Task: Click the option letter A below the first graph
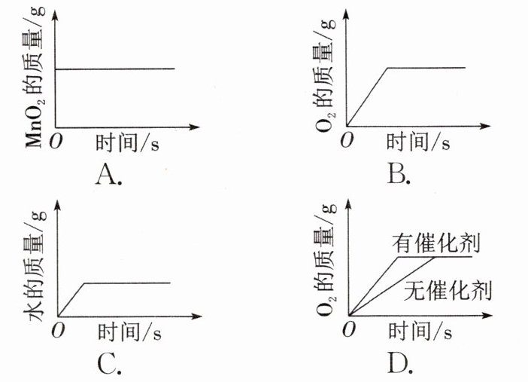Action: (109, 175)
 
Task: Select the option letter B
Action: (399, 175)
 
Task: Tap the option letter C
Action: (110, 365)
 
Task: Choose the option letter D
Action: (400, 363)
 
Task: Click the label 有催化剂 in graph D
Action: (435, 243)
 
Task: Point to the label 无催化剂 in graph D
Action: (448, 290)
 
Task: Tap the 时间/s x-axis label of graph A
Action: (127, 143)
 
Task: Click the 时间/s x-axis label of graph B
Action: (418, 142)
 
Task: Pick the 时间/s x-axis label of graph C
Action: (129, 332)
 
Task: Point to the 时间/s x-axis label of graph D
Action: (420, 331)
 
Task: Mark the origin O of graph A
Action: (56, 141)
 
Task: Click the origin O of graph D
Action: (348, 329)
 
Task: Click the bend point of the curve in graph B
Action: (387, 68)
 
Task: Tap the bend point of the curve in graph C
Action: (84, 283)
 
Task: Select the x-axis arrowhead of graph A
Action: (195, 127)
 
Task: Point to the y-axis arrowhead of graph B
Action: (346, 15)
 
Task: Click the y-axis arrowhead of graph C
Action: (58, 205)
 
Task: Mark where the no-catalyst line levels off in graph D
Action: (435, 258)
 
